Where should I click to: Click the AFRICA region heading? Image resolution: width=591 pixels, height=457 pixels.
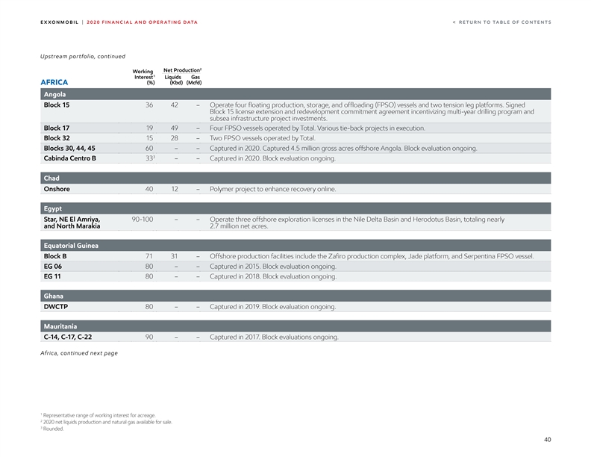(54, 82)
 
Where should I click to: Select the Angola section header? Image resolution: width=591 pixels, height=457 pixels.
(54, 94)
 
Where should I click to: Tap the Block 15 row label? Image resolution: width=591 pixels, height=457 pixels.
(57, 105)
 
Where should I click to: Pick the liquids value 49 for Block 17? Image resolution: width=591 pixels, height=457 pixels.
(173, 128)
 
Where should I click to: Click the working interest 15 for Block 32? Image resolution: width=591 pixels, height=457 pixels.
(149, 138)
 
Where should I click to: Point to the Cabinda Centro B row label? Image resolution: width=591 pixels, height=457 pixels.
(69, 158)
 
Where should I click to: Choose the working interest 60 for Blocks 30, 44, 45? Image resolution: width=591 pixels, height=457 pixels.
(149, 148)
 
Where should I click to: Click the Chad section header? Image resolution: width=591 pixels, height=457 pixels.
(52, 178)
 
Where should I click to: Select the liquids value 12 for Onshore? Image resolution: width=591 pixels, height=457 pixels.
(173, 189)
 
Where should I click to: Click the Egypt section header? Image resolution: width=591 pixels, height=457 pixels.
(53, 208)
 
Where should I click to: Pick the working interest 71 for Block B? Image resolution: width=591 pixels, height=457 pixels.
(149, 256)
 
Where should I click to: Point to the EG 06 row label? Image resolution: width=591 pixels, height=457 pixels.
(53, 266)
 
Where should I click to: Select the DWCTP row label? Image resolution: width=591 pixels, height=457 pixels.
(56, 306)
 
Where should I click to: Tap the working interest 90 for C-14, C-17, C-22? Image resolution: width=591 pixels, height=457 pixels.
(149, 337)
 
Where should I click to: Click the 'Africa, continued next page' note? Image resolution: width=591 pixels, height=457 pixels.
(78, 352)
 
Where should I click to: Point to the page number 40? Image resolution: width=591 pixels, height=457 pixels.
(547, 439)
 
